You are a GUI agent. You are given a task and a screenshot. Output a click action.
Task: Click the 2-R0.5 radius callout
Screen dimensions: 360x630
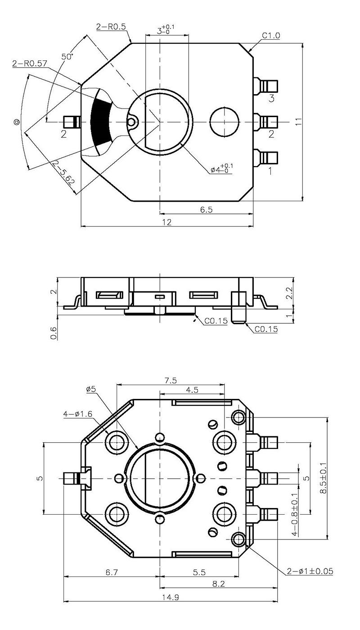pyautogui.click(x=111, y=27)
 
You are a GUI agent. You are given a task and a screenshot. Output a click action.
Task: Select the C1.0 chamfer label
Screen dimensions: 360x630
pyautogui.click(x=271, y=36)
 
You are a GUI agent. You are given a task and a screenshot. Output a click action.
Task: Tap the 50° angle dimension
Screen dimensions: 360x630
pyautogui.click(x=67, y=57)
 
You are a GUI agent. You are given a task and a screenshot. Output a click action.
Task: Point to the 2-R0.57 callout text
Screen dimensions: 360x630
pyautogui.click(x=30, y=63)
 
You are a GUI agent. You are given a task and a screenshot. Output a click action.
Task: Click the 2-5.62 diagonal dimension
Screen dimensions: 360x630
pyautogui.click(x=63, y=172)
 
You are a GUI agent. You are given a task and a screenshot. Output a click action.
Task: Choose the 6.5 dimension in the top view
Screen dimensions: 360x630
pyautogui.click(x=206, y=209)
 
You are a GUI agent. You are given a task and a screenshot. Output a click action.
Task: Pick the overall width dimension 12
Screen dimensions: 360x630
pyautogui.click(x=166, y=222)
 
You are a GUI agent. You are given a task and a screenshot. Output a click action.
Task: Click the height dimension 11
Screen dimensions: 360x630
pyautogui.click(x=298, y=122)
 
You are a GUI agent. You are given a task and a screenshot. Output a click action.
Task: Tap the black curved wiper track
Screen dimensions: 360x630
pyautogui.click(x=100, y=122)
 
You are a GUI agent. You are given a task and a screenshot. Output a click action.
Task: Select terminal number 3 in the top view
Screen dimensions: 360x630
pyautogui.click(x=271, y=99)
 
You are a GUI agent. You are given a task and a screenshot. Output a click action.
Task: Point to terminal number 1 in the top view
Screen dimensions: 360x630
pyautogui.click(x=270, y=171)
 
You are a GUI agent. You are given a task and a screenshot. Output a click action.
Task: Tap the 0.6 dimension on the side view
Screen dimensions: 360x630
pyautogui.click(x=54, y=333)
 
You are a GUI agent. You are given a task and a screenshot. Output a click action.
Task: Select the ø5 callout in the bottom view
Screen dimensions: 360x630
pyautogui.click(x=91, y=389)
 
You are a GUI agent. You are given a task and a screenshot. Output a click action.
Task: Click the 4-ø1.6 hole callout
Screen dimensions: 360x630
pyautogui.click(x=78, y=414)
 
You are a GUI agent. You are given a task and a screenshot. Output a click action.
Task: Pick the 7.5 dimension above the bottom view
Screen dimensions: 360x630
pyautogui.click(x=171, y=381)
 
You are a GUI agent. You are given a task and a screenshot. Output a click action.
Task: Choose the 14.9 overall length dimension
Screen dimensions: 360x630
pyautogui.click(x=170, y=597)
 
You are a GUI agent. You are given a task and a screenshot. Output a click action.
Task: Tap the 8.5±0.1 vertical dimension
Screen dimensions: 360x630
pyautogui.click(x=323, y=478)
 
